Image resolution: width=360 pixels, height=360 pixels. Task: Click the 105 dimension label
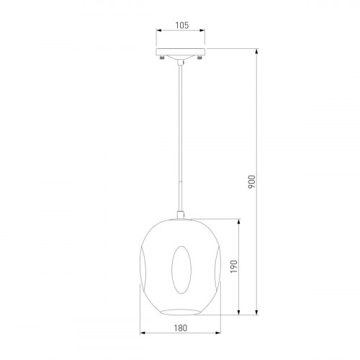point(182,25)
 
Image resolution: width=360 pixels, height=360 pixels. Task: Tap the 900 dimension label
point(252,181)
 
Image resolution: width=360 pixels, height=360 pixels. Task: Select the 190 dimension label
point(233,266)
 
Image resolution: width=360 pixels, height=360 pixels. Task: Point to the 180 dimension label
point(180,328)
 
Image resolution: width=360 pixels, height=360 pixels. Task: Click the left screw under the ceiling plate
point(162,58)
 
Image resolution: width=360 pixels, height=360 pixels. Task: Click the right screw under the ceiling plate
point(199,58)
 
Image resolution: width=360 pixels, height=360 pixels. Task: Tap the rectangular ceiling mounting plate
point(181,52)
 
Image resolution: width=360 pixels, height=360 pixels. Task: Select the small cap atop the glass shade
point(181,215)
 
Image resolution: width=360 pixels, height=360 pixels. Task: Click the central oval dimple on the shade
point(181,269)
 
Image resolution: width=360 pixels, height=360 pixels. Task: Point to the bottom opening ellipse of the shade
point(181,312)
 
